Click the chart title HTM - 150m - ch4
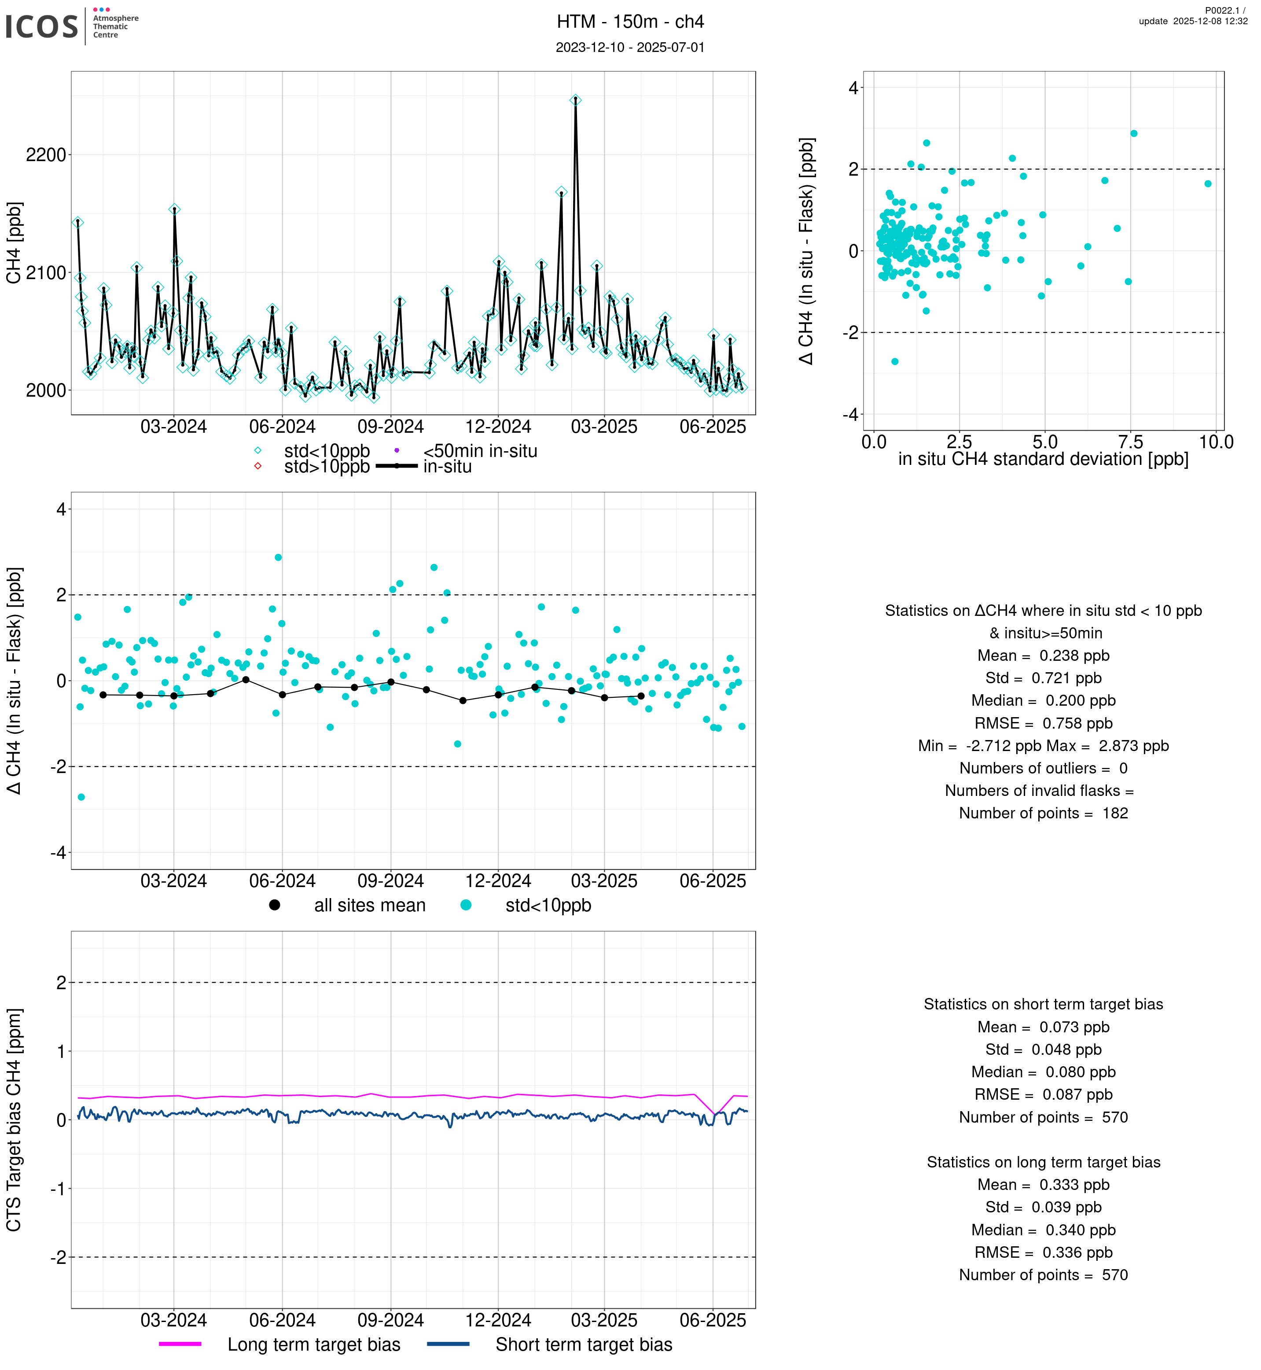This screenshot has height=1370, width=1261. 630,22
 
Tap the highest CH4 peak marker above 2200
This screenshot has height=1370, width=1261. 575,99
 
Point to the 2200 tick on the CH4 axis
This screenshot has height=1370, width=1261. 46,155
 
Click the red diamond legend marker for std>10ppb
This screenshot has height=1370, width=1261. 258,466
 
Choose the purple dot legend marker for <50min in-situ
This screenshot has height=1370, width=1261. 397,450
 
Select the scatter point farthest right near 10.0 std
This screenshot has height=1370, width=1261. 1208,184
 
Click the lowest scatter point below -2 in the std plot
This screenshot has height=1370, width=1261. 894,362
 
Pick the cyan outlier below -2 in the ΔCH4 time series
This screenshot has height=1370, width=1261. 81,797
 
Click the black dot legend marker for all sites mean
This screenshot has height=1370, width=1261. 274,905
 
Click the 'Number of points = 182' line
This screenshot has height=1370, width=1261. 1043,813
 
